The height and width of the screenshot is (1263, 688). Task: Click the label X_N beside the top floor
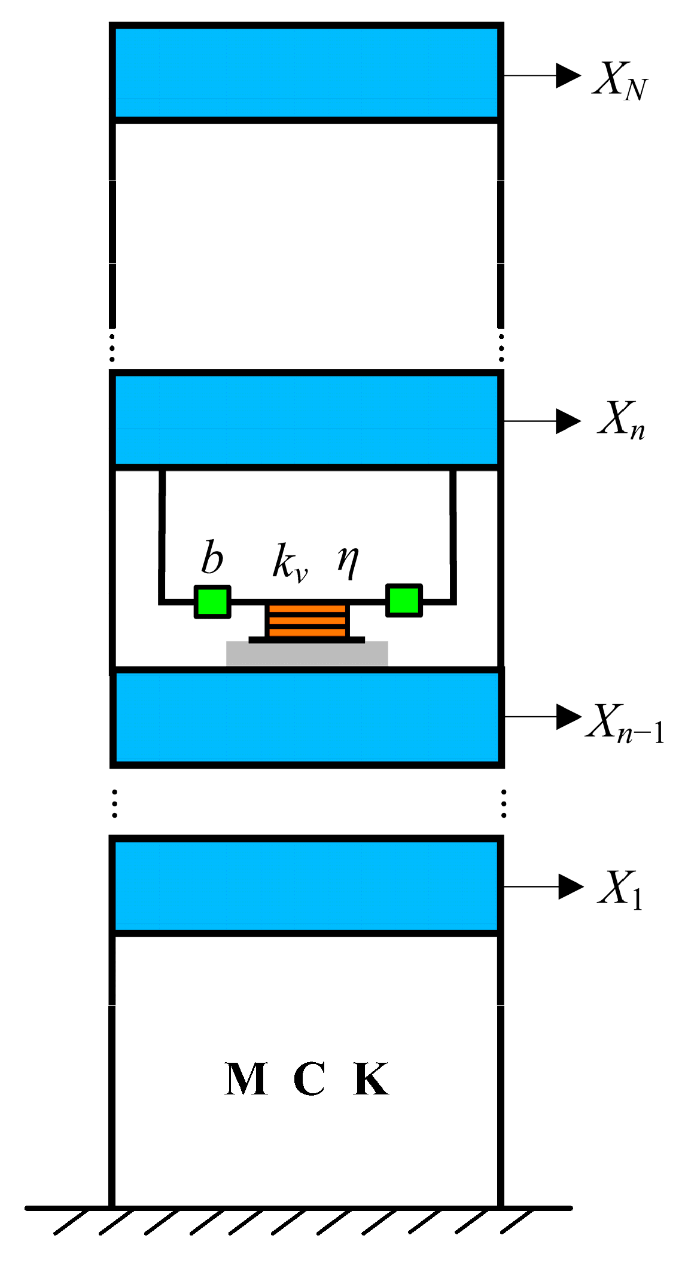coord(620,81)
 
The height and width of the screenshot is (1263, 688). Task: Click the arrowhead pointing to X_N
coord(568,75)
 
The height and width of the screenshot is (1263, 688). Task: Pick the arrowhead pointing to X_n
coord(568,421)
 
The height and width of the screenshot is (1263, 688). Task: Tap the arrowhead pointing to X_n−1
coord(568,716)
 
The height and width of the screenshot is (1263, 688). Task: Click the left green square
coord(212,601)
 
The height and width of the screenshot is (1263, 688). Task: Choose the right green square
coord(404,600)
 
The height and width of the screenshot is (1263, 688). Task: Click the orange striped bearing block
coord(306,621)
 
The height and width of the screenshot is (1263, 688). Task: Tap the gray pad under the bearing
coord(307,653)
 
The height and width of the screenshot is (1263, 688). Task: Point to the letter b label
coord(212,558)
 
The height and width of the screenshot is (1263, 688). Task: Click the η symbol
coord(348,561)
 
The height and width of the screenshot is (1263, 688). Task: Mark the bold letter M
coord(246,1079)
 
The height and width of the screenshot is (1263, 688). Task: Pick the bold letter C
coord(309,1079)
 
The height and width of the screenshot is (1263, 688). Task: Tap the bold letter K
coord(371,1079)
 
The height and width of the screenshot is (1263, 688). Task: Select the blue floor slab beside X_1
coord(306,885)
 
